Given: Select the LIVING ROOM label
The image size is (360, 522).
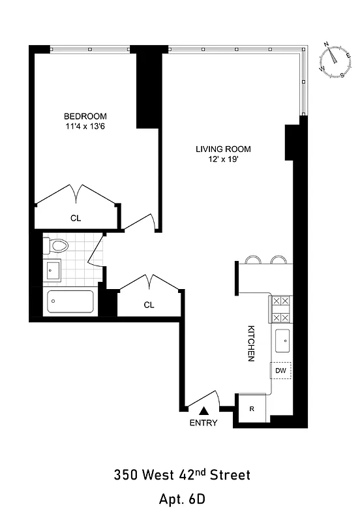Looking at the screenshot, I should click(x=223, y=149).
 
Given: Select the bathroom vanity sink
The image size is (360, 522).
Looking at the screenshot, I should click(x=53, y=268).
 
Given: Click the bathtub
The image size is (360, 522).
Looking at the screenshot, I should click(x=70, y=301).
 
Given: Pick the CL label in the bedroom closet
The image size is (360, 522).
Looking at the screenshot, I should click(x=76, y=218).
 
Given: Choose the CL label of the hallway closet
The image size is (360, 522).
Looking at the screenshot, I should click(x=149, y=305).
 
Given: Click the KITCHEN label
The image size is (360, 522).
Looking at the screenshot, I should click(x=250, y=343).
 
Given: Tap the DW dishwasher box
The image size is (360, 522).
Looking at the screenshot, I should click(x=280, y=371).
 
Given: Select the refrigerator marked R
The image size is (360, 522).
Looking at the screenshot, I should click(x=252, y=409).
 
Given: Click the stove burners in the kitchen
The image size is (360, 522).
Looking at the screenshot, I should click(x=281, y=309).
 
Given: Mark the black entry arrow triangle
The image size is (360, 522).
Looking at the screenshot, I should click(x=203, y=410).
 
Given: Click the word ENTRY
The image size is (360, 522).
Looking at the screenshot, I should click(x=203, y=423).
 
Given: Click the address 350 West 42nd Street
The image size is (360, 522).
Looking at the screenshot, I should click(x=181, y=474).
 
